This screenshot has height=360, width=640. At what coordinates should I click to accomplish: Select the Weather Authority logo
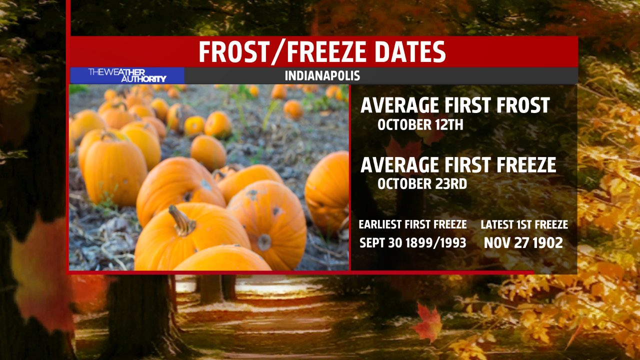click(127, 75)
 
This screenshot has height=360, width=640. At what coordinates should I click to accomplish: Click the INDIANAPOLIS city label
click(322, 75)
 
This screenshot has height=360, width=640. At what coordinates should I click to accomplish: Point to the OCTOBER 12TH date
click(420, 125)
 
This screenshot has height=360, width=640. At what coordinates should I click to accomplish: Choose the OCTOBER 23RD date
click(422, 183)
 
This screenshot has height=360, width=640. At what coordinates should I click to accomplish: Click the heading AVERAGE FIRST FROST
click(455, 105)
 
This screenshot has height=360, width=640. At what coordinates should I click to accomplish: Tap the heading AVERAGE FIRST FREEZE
click(458, 165)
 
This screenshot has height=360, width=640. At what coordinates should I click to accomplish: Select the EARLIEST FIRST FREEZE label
click(412, 224)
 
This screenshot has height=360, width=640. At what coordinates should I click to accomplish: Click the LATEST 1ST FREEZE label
click(524, 224)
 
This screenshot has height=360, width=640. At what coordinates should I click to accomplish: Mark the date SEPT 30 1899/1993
click(412, 243)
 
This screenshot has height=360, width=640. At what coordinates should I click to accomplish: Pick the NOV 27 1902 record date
click(523, 243)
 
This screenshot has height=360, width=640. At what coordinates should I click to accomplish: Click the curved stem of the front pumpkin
click(181, 220)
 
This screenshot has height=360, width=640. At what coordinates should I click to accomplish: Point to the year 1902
click(547, 243)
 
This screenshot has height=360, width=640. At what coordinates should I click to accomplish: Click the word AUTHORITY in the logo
click(143, 79)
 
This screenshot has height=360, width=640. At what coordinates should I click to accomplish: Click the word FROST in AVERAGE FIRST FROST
click(523, 105)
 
